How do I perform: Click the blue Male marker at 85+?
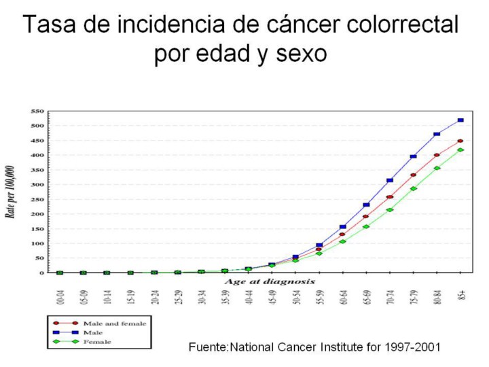[x=460, y=120]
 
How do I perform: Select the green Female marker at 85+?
[x=460, y=150]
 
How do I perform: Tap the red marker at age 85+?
[x=460, y=141]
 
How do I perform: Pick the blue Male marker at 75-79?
[x=413, y=156]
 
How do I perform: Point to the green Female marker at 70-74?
[x=389, y=210]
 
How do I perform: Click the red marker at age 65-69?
[x=365, y=217]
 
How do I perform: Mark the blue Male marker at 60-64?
[x=342, y=227]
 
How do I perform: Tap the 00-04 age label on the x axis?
[x=60, y=297]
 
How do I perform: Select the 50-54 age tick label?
[x=296, y=297]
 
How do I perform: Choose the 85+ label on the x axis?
[x=461, y=296]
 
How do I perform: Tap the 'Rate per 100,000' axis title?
[x=12, y=192]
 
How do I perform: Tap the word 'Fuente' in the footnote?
[x=208, y=347]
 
